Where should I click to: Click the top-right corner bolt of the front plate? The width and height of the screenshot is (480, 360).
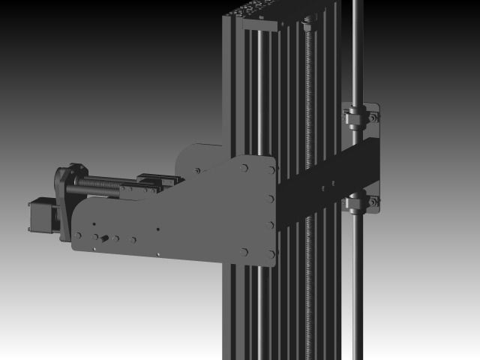(269, 170)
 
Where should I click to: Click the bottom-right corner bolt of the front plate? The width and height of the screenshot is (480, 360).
(271, 253)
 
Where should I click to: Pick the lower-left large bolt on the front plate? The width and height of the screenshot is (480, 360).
(244, 252)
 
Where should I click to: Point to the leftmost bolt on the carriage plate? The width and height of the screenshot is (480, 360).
(78, 235)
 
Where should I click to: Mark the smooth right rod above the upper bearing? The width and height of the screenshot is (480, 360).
(357, 52)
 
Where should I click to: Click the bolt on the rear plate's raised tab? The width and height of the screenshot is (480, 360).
(197, 171)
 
